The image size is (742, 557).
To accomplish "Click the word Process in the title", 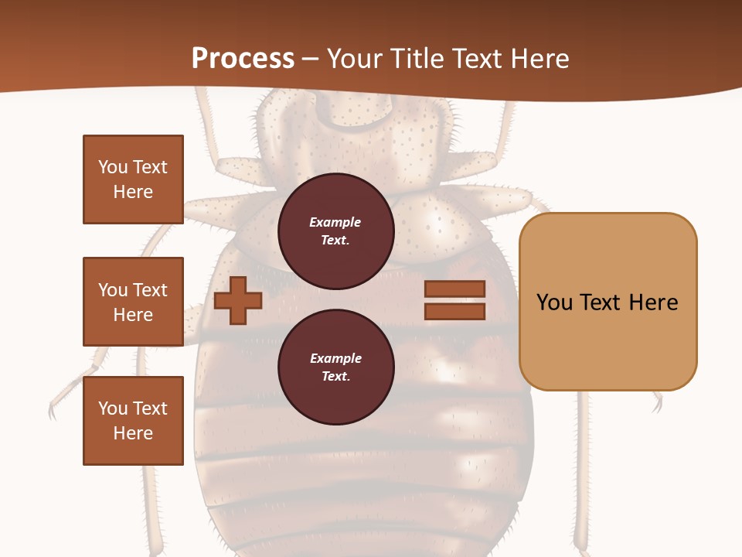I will [x=243, y=59].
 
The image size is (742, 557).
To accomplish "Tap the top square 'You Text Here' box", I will [x=133, y=179].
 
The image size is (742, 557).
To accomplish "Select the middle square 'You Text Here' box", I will [x=133, y=302].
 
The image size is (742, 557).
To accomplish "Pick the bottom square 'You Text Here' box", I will [x=133, y=421].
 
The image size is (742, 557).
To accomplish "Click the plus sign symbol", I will [x=238, y=301].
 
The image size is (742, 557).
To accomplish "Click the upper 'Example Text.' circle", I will [x=335, y=231].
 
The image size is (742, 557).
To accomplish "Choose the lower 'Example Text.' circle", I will [x=335, y=367].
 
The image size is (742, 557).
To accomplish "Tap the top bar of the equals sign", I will [x=454, y=289].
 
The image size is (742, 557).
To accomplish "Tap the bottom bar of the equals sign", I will [x=454, y=312].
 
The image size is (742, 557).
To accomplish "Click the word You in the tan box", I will [x=554, y=302].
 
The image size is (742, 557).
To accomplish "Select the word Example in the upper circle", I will [x=335, y=222].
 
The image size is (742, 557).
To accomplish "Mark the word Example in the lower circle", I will [x=335, y=358].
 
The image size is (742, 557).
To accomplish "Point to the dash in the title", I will [x=310, y=60].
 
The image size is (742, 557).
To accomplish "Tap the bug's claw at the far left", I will [x=54, y=408].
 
